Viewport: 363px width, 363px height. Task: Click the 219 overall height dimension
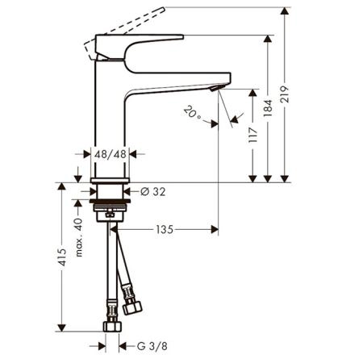pyautogui.click(x=285, y=94)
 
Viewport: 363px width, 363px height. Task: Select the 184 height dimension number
pyautogui.click(x=268, y=108)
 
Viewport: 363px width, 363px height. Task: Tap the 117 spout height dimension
pyautogui.click(x=252, y=135)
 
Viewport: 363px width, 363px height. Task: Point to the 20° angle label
pyautogui.click(x=192, y=112)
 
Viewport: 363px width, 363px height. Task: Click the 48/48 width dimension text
pyautogui.click(x=111, y=154)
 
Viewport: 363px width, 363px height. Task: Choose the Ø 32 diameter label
pyautogui.click(x=153, y=192)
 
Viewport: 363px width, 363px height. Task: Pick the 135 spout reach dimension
pyautogui.click(x=165, y=230)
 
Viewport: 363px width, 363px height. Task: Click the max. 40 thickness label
pyautogui.click(x=78, y=237)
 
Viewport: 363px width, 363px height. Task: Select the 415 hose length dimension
pyautogui.click(x=62, y=257)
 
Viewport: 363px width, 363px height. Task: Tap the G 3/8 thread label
pyautogui.click(x=152, y=346)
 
